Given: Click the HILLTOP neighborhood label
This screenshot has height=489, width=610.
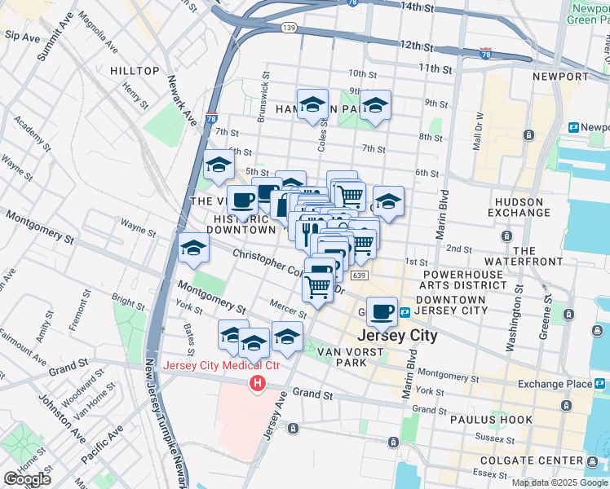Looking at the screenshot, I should [x=135, y=71].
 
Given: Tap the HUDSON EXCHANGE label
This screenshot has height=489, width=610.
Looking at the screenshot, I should [x=515, y=207].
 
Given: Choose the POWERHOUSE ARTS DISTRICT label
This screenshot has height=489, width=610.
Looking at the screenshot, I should [x=462, y=279].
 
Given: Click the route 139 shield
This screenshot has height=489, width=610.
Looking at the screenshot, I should [x=289, y=28].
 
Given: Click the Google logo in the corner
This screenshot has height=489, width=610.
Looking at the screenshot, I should [x=27, y=479].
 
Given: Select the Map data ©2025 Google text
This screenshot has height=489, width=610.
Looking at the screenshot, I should [x=559, y=482].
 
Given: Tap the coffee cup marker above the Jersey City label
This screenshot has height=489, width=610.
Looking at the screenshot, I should [x=381, y=311].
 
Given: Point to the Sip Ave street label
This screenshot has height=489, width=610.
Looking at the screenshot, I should [x=22, y=37].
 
